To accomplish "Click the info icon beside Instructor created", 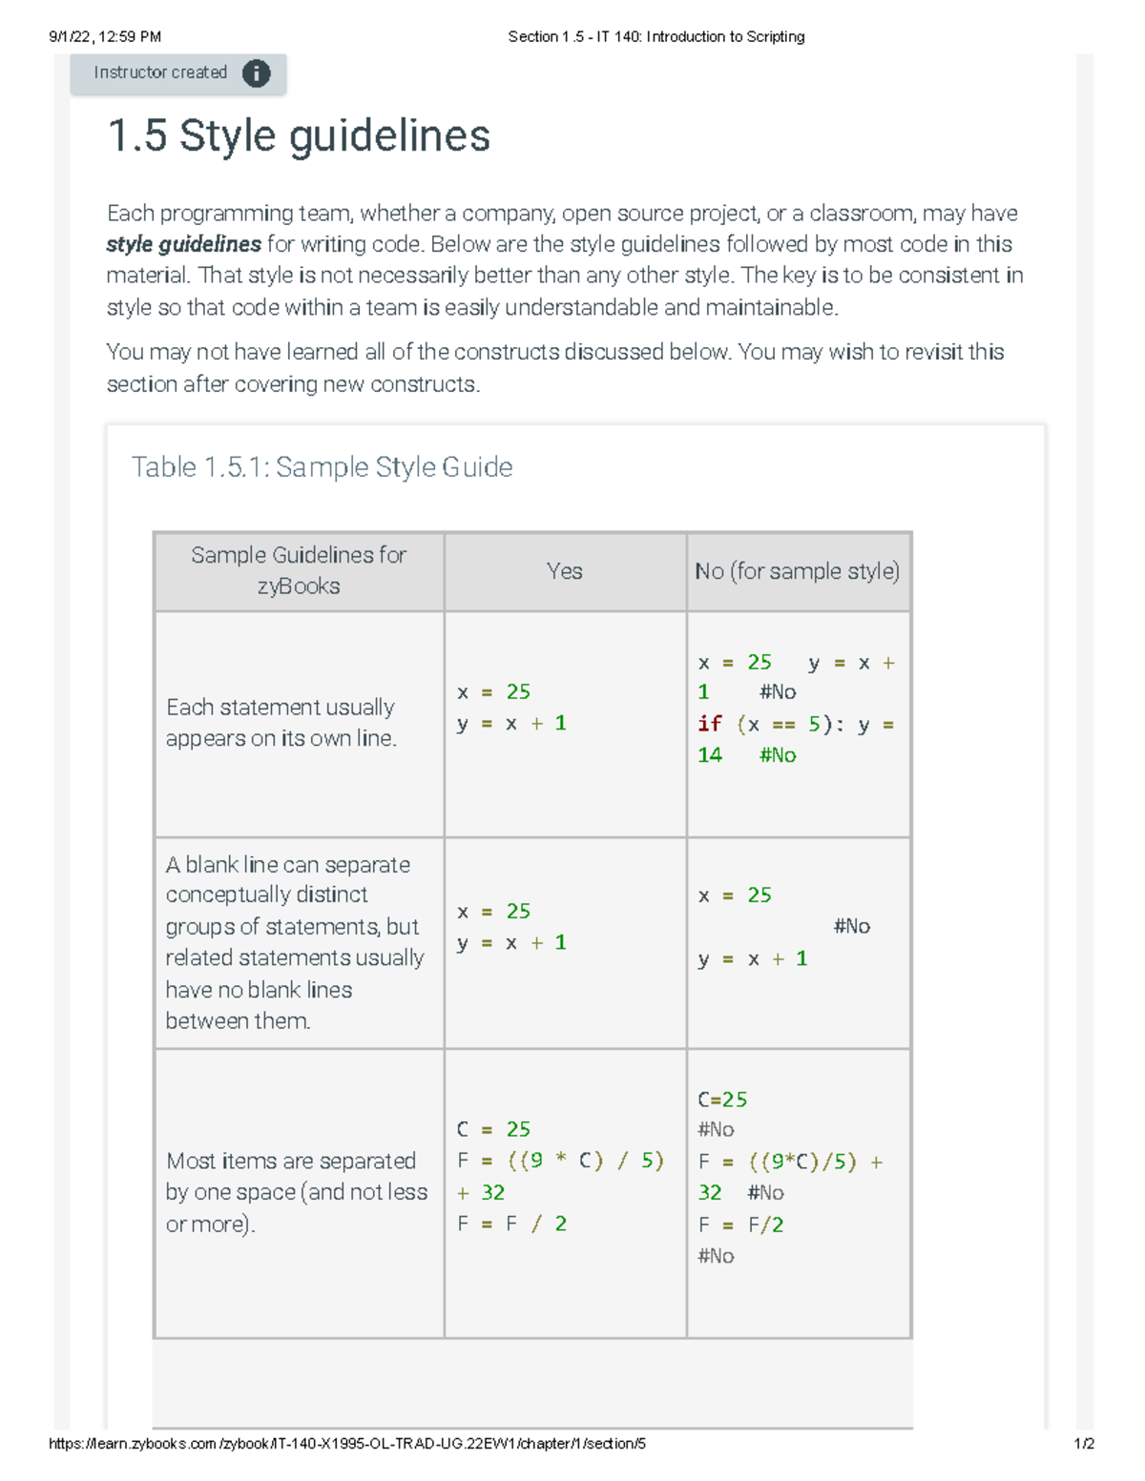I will pos(256,73).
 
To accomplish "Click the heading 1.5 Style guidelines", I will pos(299,135).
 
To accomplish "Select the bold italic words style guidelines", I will pos(183,245).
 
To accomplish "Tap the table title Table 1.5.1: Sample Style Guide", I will pos(322,467).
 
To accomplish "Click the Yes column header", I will pos(564,571).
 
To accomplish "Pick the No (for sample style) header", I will pos(797,571).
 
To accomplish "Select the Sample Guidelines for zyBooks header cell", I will pos(299,570).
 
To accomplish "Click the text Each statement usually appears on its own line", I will pos(281,723).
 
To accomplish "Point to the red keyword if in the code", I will pos(709,724).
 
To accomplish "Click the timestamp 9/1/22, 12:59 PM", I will pos(105,37).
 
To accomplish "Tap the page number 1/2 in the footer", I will pos(1083,1444).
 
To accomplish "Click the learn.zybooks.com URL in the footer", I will pos(347,1444).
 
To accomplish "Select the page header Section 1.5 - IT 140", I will pos(656,37).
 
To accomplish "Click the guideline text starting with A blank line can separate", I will pos(294,942).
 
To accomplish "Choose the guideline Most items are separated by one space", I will pos(296,1192).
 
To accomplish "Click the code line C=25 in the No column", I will pos(722,1100).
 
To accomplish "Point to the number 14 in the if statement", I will pos(709,755).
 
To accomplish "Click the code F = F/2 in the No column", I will pos(740,1224).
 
